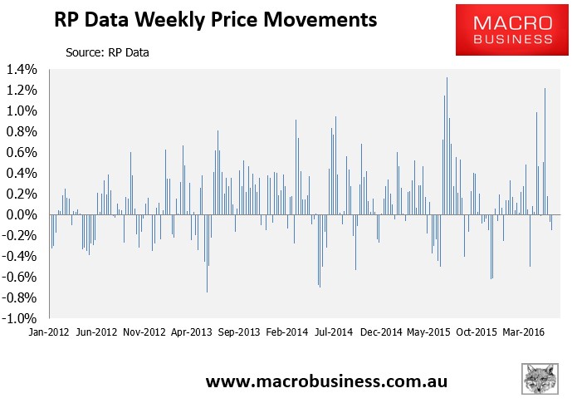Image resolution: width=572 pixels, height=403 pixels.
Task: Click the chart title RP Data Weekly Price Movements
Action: [x=214, y=18]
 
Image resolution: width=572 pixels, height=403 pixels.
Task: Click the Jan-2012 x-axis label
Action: [x=48, y=332]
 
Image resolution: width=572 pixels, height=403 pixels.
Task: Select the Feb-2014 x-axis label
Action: [x=288, y=332]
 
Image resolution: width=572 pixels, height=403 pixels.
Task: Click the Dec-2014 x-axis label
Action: [x=384, y=332]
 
